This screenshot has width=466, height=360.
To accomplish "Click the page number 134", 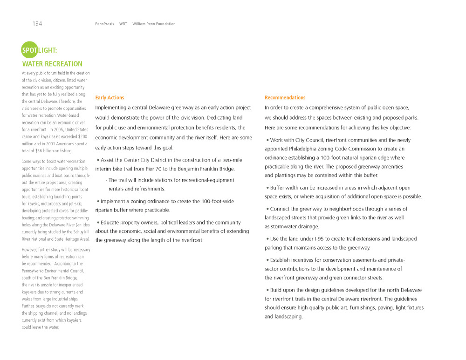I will [37, 24].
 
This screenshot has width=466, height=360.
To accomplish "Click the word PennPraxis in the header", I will [104, 24].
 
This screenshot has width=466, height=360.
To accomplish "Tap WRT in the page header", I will [123, 24].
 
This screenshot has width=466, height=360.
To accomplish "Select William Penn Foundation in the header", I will [154, 24].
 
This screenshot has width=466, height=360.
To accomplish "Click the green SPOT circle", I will [29, 50].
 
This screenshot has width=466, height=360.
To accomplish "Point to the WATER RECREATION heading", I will [52, 64].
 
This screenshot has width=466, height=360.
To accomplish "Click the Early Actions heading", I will [110, 98].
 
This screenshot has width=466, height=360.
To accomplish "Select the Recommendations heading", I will [285, 98].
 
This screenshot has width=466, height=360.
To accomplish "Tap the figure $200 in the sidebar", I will [82, 136].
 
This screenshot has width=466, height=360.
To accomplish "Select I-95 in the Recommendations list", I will [307, 239].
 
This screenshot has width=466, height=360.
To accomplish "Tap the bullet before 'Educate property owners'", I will [98, 223].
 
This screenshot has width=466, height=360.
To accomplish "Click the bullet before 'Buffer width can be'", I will [267, 188].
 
